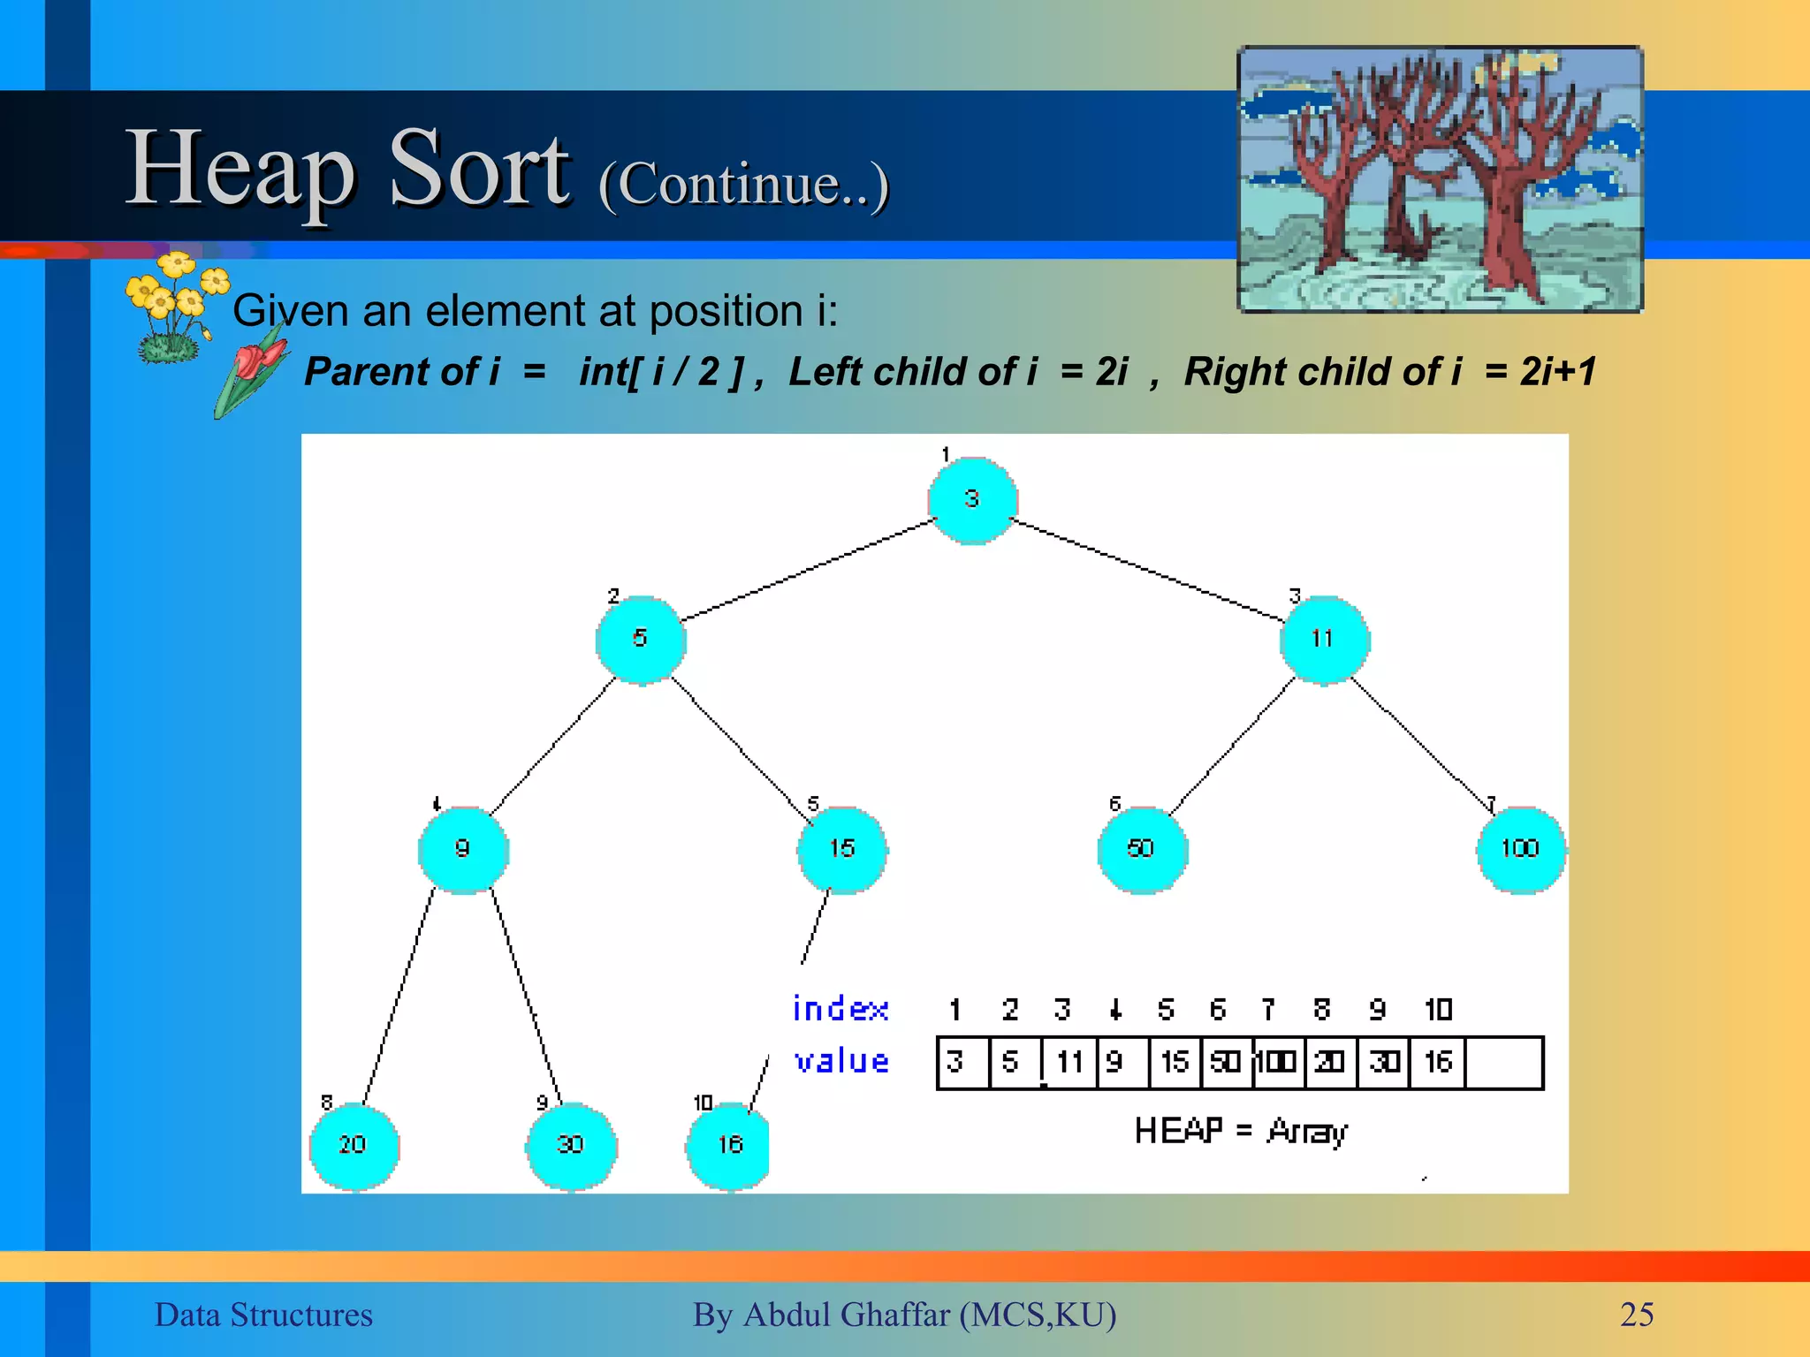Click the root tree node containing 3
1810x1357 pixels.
(972, 500)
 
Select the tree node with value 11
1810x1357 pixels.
(1323, 640)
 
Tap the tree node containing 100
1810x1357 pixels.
(1520, 849)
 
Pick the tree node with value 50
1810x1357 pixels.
(1142, 849)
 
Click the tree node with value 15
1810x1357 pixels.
(842, 849)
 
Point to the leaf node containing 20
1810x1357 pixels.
(354, 1146)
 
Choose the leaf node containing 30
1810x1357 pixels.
(571, 1146)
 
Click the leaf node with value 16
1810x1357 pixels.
(729, 1146)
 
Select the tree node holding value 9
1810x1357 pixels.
(463, 849)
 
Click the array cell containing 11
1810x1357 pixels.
(1069, 1062)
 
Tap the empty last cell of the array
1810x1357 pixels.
(1503, 1063)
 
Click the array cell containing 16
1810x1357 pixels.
(1438, 1062)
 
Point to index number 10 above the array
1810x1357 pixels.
(1438, 1009)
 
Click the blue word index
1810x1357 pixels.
(840, 1009)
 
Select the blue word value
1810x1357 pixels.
(840, 1061)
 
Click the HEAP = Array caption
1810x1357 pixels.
(1240, 1131)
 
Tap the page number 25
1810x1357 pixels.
(1636, 1315)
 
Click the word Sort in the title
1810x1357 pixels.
(480, 168)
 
